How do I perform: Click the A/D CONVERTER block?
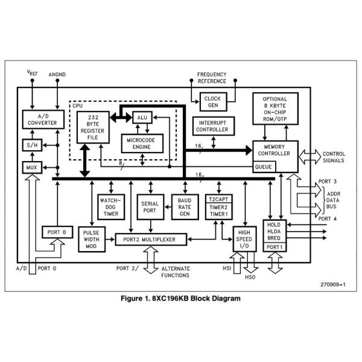pos(39,119)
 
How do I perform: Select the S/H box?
pos(30,145)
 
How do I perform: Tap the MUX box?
pos(30,167)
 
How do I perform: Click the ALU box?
pos(142,118)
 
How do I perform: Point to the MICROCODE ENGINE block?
pos(142,144)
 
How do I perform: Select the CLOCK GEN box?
pos(212,101)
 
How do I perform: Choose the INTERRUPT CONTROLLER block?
pos(212,126)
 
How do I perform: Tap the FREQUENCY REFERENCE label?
pos(212,78)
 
